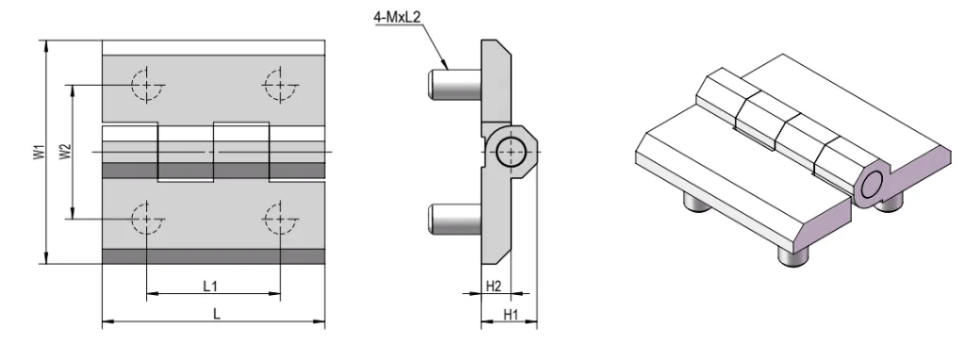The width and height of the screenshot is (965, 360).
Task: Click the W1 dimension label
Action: [x=38, y=152]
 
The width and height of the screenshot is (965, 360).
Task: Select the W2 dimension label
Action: [x=65, y=152]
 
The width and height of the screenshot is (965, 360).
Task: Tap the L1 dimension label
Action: [x=210, y=286]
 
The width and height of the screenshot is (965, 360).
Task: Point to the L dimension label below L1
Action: [x=217, y=313]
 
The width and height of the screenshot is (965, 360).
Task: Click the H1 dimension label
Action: [x=511, y=315]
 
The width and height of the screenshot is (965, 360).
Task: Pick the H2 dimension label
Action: [x=494, y=286]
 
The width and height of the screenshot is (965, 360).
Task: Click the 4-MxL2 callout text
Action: [x=397, y=17]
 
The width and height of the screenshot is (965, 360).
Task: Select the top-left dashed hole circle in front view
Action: [x=147, y=84]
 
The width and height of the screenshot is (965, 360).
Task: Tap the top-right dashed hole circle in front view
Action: [x=281, y=84]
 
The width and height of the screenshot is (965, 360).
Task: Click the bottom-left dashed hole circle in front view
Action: [x=147, y=219]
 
